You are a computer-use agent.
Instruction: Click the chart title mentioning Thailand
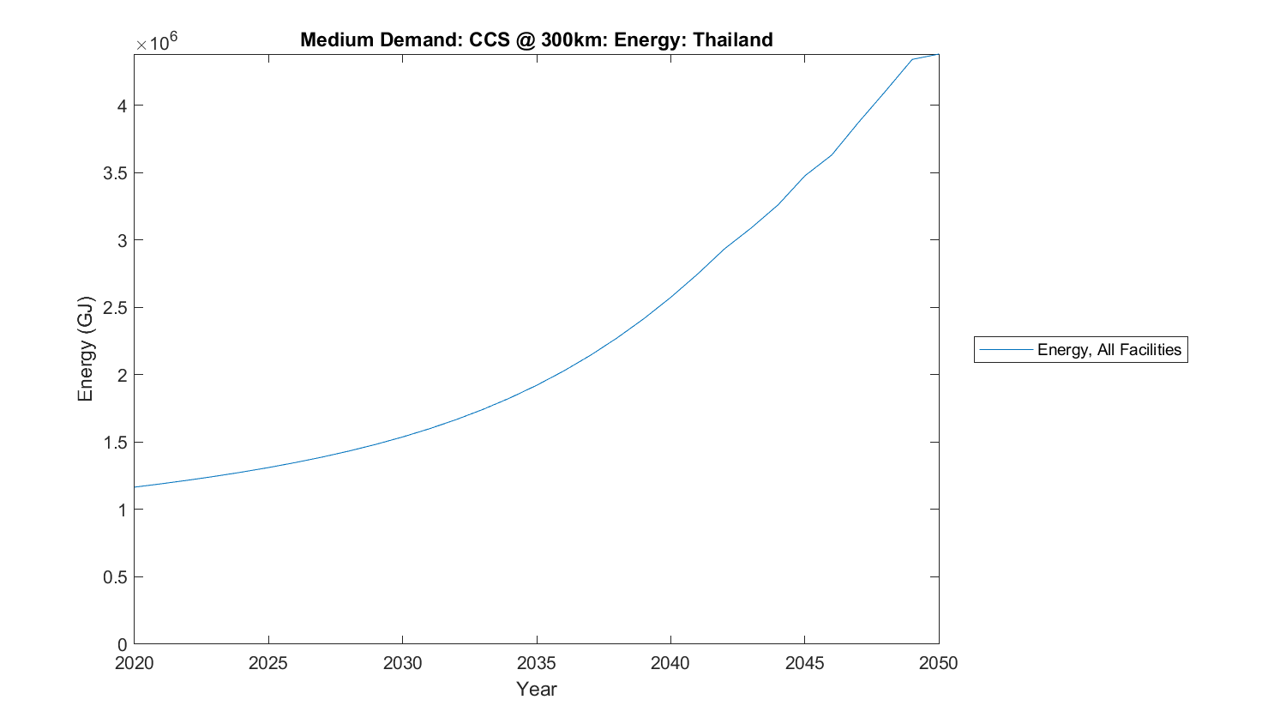tap(536, 40)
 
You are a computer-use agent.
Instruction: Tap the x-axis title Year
tap(536, 689)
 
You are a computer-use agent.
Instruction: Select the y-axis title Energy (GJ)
tap(85, 349)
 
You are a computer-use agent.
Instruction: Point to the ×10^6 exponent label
tap(157, 42)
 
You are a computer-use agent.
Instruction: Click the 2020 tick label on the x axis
tap(135, 663)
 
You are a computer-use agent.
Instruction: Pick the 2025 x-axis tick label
tap(268, 663)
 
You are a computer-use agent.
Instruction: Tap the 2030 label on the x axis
tap(402, 663)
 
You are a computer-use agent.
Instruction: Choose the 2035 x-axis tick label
tap(537, 663)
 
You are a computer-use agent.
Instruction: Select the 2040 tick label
tap(670, 663)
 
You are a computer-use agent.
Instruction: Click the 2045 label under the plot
tap(804, 663)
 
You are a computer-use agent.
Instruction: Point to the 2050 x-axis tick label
tap(939, 663)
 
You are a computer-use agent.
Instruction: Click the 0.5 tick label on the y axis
tap(115, 577)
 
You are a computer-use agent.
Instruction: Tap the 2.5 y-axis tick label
tap(115, 308)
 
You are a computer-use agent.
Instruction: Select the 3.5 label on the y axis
tap(115, 173)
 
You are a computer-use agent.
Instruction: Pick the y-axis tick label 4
tap(122, 106)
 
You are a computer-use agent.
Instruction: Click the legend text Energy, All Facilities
tap(1109, 349)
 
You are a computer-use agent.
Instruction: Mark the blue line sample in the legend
tap(1006, 349)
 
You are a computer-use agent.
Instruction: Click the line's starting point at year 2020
tap(135, 487)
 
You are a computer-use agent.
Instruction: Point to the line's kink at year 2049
tap(912, 59)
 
